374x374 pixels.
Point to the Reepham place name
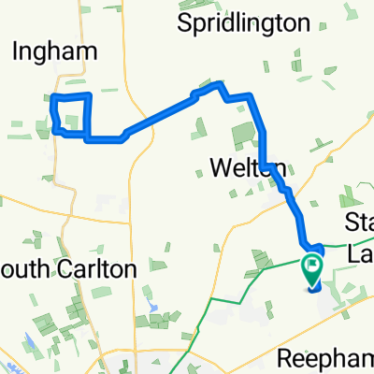(328, 356)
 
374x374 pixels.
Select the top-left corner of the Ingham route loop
(52, 97)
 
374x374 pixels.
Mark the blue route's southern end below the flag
(311, 289)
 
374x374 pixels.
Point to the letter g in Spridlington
(280, 23)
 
